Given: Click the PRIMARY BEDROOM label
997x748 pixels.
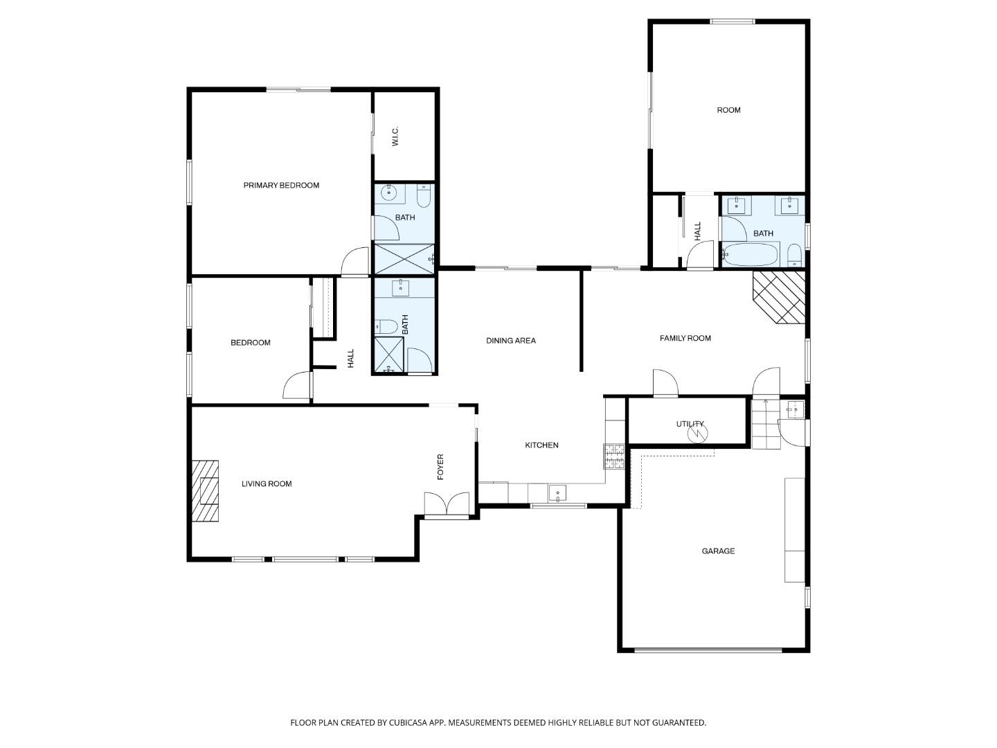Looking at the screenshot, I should pyautogui.click(x=281, y=186).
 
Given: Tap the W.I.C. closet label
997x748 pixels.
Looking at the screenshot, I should pyautogui.click(x=395, y=136).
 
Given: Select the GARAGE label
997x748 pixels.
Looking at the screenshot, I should pyautogui.click(x=718, y=551).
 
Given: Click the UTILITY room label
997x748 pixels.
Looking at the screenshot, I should pyautogui.click(x=690, y=424).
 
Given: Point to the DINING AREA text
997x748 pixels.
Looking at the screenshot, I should pyautogui.click(x=511, y=341).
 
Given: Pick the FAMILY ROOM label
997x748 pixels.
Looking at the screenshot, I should pyautogui.click(x=685, y=339).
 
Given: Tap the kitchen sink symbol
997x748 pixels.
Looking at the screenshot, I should pyautogui.click(x=557, y=493).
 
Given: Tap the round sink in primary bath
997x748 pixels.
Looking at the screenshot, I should pyautogui.click(x=390, y=194).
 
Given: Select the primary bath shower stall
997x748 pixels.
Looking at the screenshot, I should pyautogui.click(x=402, y=258).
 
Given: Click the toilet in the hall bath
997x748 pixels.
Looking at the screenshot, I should pyautogui.click(x=386, y=326).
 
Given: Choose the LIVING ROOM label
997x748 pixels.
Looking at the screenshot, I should pyautogui.click(x=267, y=484).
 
